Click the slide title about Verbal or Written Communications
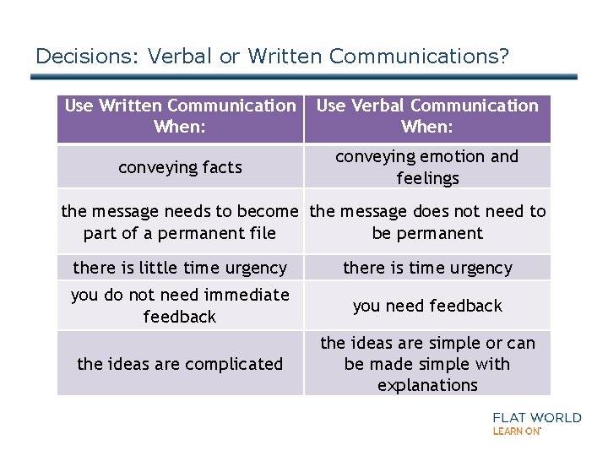coord(272,57)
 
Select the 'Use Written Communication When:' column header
coord(180,117)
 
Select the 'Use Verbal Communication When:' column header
coord(427,117)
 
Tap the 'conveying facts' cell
coord(180,167)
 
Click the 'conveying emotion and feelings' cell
coord(427,167)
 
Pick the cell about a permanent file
coord(180,222)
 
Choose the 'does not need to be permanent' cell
coord(427,222)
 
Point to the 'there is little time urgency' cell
coord(180,268)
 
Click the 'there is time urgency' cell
coord(427,268)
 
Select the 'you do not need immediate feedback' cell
coord(180,306)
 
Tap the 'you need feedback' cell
coord(427,306)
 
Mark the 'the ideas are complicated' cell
coord(180,364)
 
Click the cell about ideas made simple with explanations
coord(427,364)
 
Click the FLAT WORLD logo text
coord(537,417)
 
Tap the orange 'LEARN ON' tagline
coord(516,431)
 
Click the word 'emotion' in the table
coord(457,157)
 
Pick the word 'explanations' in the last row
coord(427,385)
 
